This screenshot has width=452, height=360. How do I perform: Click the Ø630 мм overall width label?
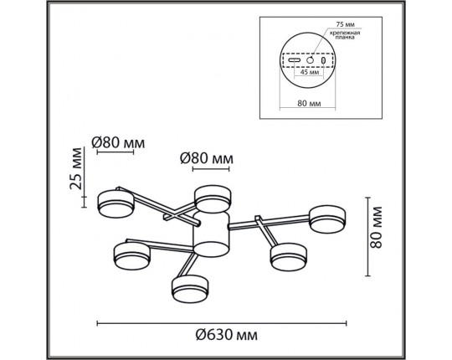coord(225,337)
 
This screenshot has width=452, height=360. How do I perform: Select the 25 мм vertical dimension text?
coord(77,168)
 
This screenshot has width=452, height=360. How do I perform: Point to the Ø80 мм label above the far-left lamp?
coord(118,142)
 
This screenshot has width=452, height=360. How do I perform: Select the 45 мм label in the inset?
coord(309,73)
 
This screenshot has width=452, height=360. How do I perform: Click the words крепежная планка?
coord(344,36)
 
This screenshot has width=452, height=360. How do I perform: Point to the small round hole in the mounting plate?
coord(310,60)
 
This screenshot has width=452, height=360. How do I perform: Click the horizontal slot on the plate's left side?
coord(295,60)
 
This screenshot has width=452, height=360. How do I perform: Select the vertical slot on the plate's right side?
coord(324,60)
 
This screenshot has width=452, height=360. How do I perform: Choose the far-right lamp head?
coord(326,219)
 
